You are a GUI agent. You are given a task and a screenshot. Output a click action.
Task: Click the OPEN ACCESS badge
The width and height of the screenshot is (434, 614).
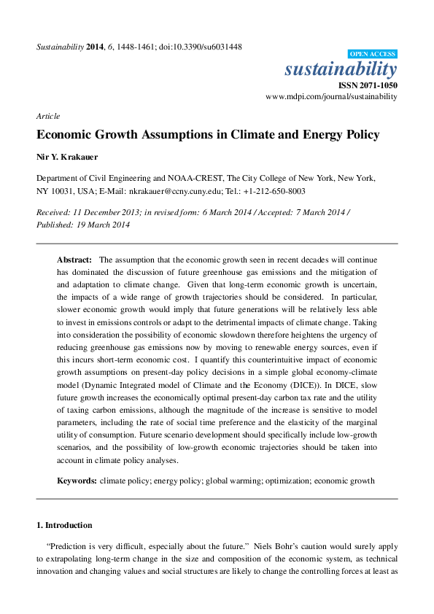pos(373,54)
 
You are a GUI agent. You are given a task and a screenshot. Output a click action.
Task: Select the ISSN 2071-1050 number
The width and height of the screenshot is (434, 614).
pos(368,85)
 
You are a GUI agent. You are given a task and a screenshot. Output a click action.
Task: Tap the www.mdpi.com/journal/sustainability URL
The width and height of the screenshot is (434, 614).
pos(331,96)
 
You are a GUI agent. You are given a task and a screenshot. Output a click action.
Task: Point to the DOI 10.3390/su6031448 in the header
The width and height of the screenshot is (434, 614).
pos(207,47)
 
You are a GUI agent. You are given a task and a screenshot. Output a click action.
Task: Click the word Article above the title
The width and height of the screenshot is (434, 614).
pos(48,116)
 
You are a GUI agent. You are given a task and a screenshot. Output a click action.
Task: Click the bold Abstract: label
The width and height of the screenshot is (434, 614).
pos(75,260)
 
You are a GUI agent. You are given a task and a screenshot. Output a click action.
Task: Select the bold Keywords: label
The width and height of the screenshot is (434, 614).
pos(77,481)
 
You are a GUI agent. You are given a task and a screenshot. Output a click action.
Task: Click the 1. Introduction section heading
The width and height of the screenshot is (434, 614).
pos(64,525)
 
